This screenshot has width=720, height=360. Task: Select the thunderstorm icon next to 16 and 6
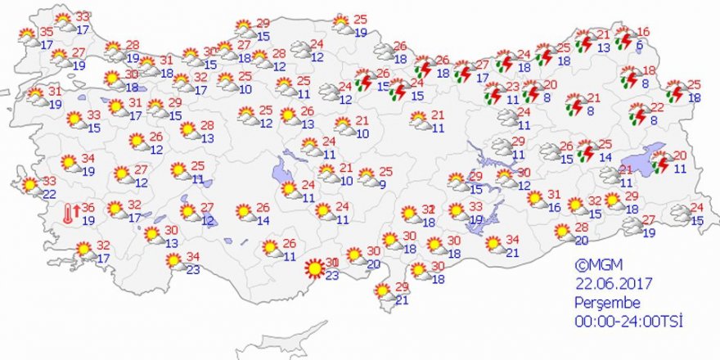[x=624, y=39]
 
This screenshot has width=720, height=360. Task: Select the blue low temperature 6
[x=639, y=47]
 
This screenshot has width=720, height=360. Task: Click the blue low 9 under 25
[x=381, y=184]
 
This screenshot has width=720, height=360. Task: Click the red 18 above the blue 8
[x=649, y=70]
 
